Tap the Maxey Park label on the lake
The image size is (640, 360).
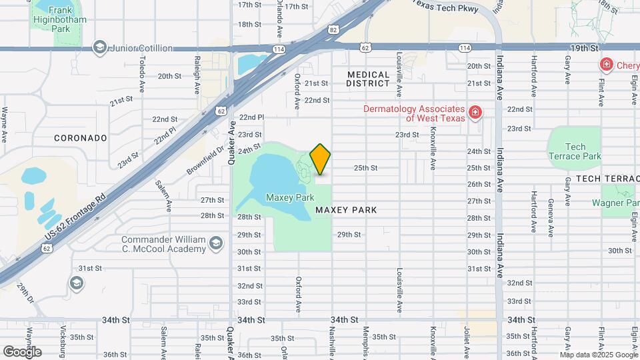click(289, 197)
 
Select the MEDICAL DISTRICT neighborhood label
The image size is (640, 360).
click(368, 79)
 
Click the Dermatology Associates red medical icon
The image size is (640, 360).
click(475, 113)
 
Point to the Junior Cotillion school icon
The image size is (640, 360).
click(99, 47)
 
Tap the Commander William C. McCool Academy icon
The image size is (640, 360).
click(215, 244)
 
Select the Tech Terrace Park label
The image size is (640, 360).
click(574, 151)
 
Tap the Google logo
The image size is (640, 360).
click(22, 351)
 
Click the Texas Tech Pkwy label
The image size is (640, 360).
click(443, 3)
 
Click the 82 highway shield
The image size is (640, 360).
click(333, 29)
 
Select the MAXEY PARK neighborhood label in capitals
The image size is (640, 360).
click(346, 210)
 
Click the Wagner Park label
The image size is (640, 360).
click(620, 203)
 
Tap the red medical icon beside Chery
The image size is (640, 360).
click(607, 65)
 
